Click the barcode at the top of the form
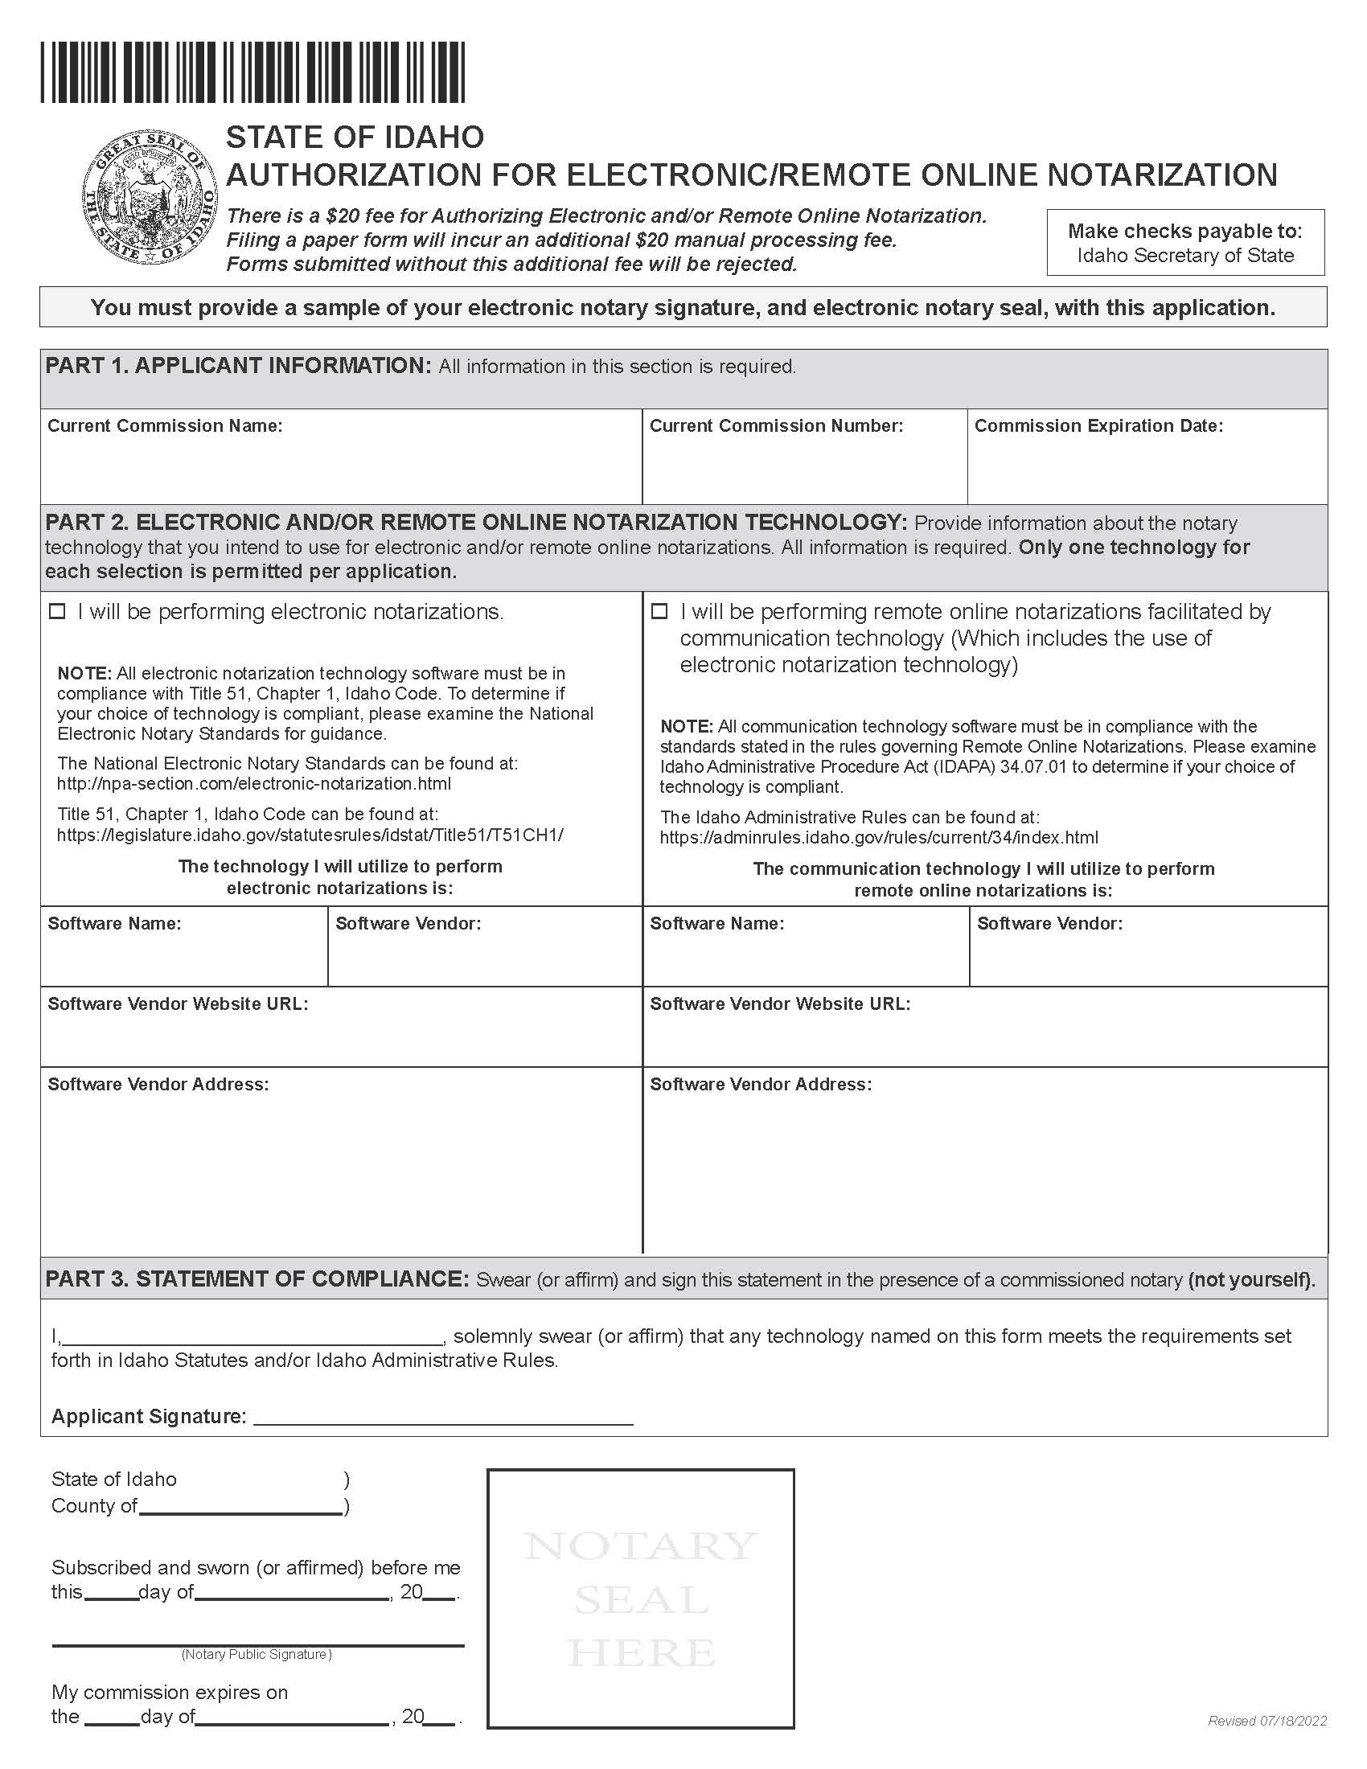[252, 73]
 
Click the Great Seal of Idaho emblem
[150, 199]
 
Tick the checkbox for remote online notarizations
[660, 613]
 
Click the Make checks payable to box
[1184, 243]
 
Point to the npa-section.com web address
[253, 784]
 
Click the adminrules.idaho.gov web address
[879, 838]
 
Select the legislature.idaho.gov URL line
[310, 835]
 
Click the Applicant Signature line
[443, 1416]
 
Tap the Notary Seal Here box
[640, 1599]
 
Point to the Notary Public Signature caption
[256, 1655]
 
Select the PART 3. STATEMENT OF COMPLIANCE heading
[257, 1279]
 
